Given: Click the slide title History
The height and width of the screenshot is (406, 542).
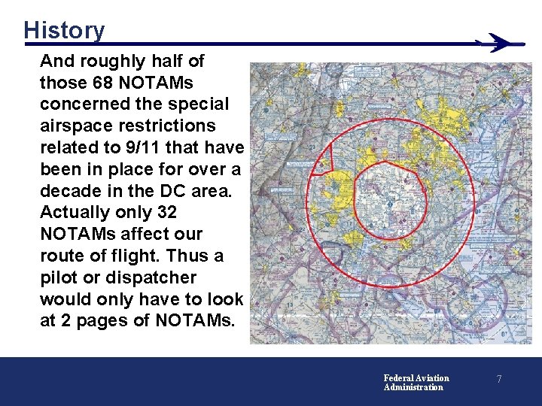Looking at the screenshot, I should click(x=64, y=30).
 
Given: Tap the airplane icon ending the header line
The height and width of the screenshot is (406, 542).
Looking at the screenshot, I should click(x=501, y=42).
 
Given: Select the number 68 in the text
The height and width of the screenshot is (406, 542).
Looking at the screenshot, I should click(x=102, y=82).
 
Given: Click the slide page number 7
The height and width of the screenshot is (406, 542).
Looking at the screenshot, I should click(x=498, y=380).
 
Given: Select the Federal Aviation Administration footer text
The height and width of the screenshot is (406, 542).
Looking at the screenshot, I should click(x=416, y=383).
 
